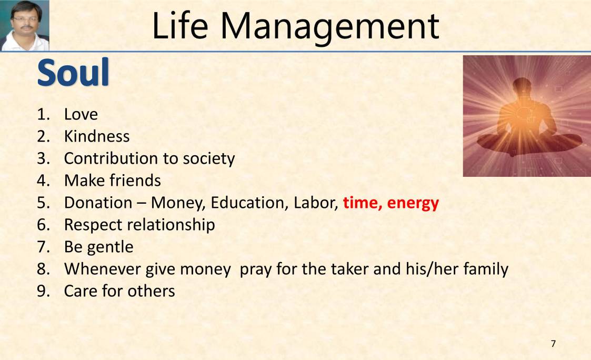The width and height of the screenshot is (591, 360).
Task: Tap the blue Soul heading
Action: coord(73,73)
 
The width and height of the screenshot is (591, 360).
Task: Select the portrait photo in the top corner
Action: coord(25,25)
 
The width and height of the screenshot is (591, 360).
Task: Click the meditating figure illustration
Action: coord(527,116)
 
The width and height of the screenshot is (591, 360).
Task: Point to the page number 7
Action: coord(553,344)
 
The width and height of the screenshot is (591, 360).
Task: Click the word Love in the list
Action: coord(81,114)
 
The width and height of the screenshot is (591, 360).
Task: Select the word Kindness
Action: coord(97,136)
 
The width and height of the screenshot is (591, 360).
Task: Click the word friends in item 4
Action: coord(135,181)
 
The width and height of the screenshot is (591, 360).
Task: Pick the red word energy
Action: coord(413,203)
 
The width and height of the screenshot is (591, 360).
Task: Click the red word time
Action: coord(362,203)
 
